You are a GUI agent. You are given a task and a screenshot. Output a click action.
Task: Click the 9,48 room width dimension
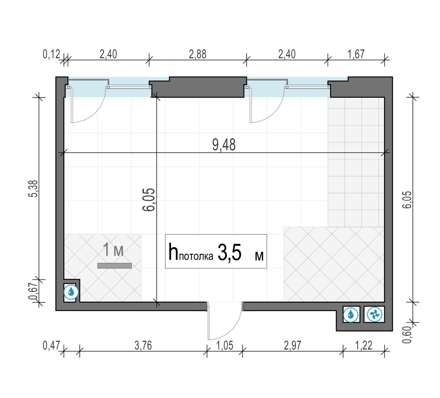click(224, 145)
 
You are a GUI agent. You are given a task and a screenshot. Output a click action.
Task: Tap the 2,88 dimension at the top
click(198, 54)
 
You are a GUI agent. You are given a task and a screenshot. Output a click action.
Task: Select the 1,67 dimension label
click(356, 54)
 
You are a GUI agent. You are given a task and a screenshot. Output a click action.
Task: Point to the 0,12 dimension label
click(51, 54)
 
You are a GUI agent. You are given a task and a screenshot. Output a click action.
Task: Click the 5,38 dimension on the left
click(33, 188)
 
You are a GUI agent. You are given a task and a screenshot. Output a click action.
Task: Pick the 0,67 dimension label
click(33, 291)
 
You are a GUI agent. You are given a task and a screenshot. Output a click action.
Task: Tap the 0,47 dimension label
click(51, 345)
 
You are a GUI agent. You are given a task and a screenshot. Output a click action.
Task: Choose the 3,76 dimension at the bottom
click(143, 345)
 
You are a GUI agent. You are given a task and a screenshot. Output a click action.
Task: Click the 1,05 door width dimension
click(225, 345)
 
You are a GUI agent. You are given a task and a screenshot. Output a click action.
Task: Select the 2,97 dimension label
click(292, 345)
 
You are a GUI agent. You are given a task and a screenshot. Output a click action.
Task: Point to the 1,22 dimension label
click(364, 345)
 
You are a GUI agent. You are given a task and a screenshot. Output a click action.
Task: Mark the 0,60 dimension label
click(407, 335)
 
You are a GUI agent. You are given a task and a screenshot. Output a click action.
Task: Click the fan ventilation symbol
click(374, 314)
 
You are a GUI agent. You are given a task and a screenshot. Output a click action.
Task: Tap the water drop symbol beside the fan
click(351, 314)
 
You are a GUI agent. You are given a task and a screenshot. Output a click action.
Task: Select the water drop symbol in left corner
click(71, 292)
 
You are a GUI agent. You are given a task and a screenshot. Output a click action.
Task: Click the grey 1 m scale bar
click(114, 266)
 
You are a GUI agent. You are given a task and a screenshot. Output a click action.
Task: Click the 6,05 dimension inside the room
click(149, 200)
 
